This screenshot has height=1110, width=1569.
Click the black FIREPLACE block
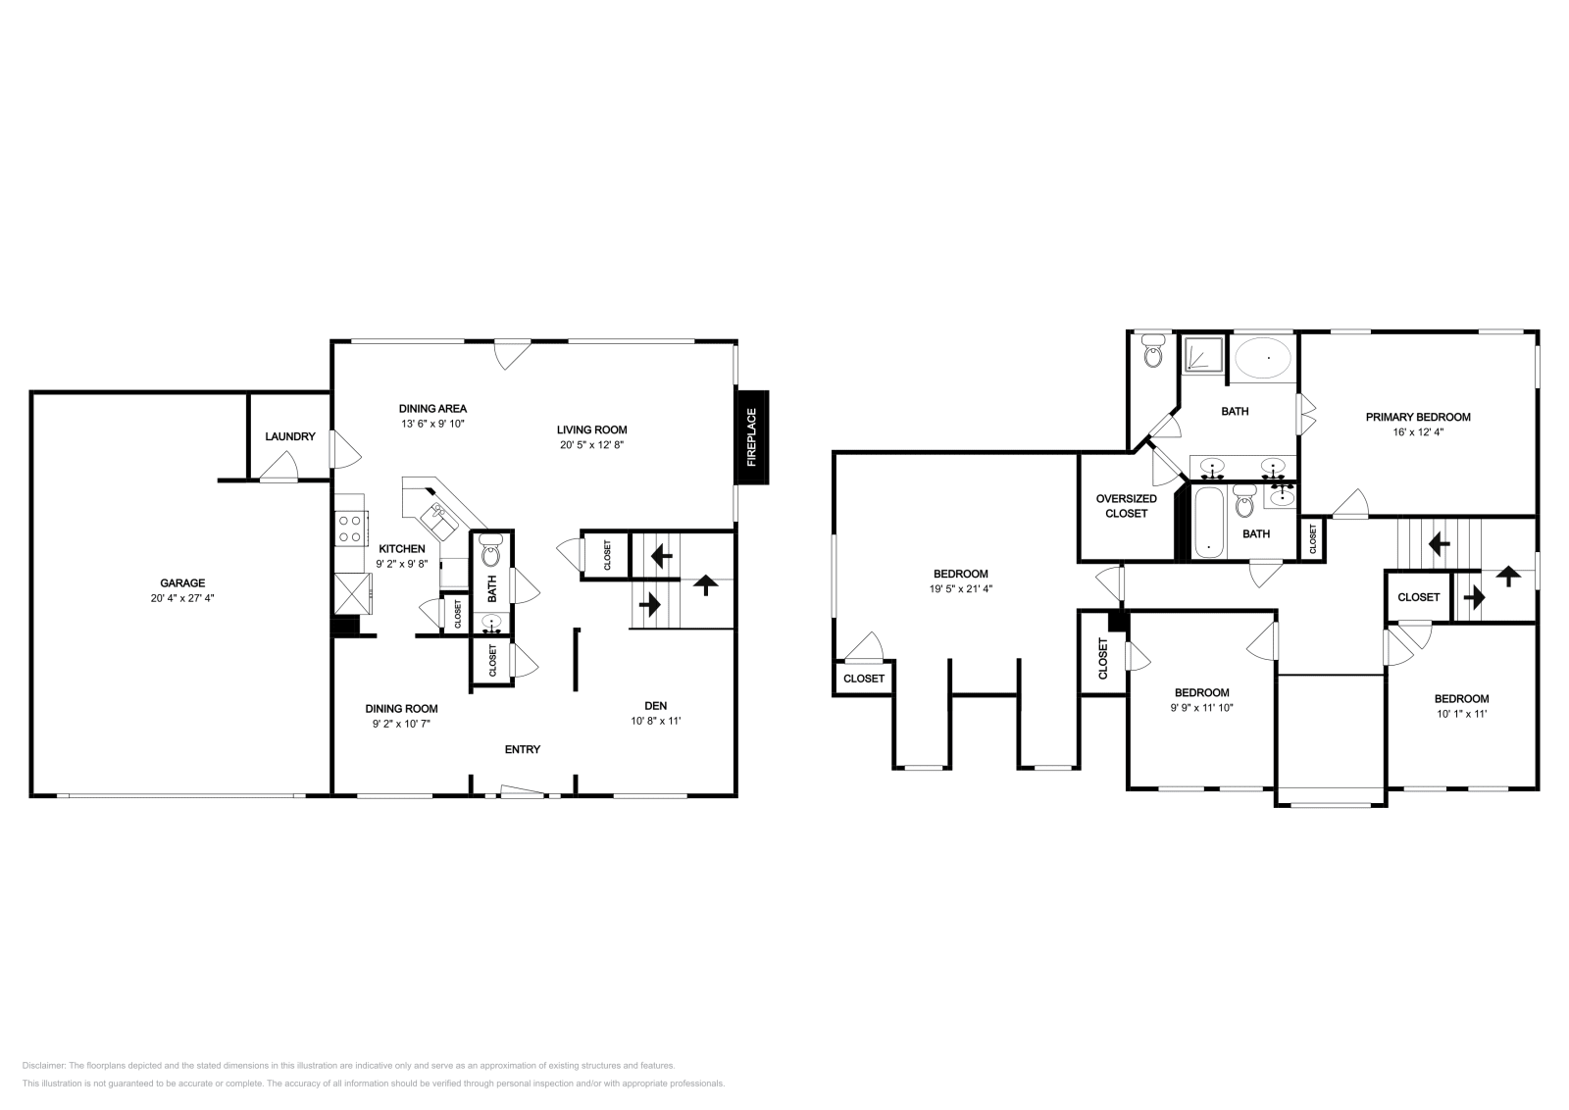point(752,437)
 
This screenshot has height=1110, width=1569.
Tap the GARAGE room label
point(182,582)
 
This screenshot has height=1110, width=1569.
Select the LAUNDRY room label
point(290,436)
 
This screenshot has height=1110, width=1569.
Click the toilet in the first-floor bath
point(491,555)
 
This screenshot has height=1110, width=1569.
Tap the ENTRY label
point(522,749)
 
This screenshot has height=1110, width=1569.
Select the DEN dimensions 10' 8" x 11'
point(655,721)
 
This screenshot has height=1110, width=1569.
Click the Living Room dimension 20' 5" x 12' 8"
point(591,444)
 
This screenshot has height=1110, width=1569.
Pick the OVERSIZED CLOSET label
point(1126,506)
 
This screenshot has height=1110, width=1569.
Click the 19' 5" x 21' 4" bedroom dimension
point(960,589)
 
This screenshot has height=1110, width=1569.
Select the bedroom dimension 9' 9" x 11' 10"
point(1201,706)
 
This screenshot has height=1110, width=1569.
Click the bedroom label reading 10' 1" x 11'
point(1461,714)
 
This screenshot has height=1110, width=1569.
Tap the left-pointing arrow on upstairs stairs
point(1440,541)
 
